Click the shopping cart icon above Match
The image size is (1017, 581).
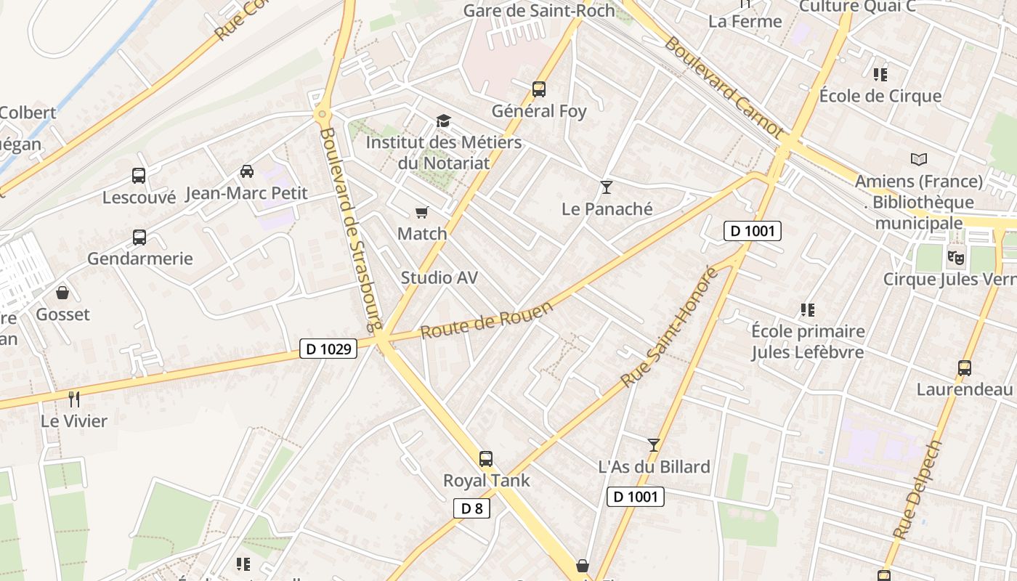click(x=422, y=212)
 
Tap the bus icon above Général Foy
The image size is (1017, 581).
click(x=538, y=89)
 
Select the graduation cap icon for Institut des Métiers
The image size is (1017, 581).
click(x=443, y=121)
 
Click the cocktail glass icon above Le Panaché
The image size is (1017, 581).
click(x=607, y=187)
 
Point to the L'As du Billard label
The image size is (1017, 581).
click(x=654, y=466)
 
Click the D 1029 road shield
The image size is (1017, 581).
click(x=328, y=349)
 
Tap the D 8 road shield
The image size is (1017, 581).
click(x=471, y=508)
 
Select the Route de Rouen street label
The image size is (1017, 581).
click(x=487, y=319)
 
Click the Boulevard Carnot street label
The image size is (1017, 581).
click(x=724, y=88)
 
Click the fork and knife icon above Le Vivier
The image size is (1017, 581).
click(x=73, y=399)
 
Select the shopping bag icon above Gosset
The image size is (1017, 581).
click(x=62, y=293)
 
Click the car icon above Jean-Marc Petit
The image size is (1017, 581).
click(x=247, y=171)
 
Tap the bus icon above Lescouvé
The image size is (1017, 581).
click(x=139, y=175)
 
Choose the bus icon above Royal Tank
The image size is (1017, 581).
click(x=486, y=458)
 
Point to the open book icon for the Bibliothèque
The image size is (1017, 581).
click(x=919, y=159)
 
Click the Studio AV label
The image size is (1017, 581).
click(x=439, y=277)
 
